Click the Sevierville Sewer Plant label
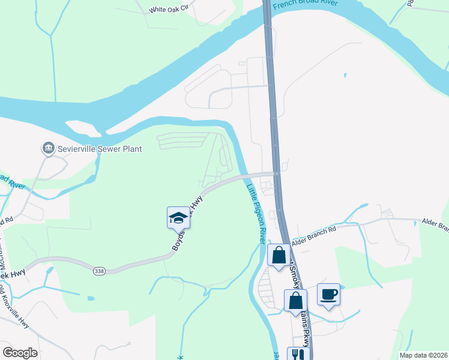pos(100,148)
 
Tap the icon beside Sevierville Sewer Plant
pos(47,148)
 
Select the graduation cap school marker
pos(178,217)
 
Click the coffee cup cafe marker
pos(328,295)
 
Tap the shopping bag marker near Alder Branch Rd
pos(279,255)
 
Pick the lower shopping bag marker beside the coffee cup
pos(295,300)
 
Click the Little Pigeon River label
pos(255,213)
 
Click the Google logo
pos(20,352)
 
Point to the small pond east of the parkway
pos(345,75)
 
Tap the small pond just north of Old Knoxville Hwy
pos(90,298)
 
